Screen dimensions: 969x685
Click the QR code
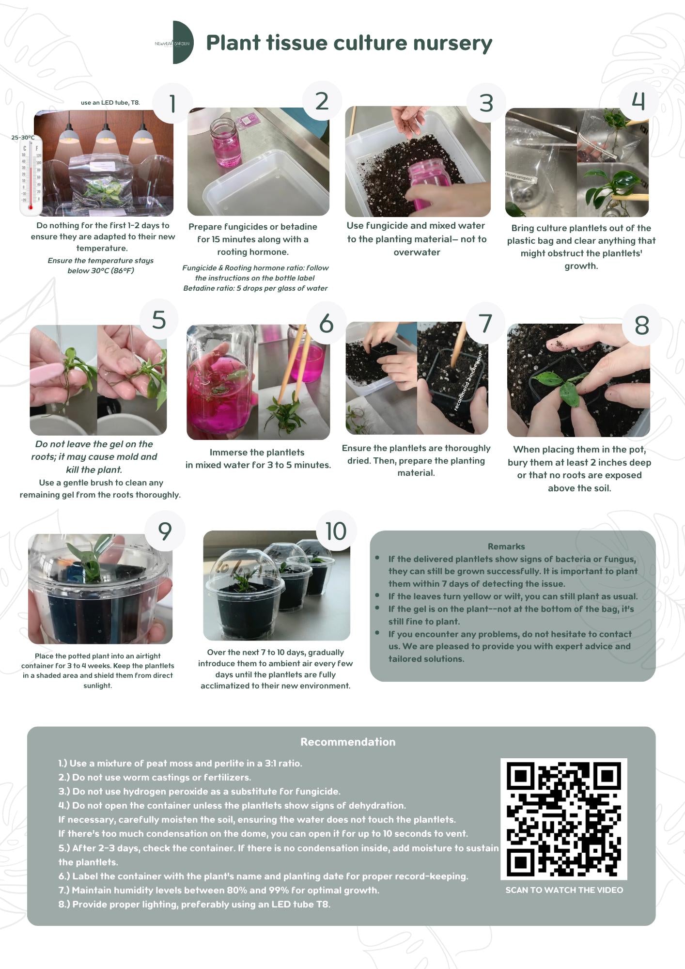click(563, 819)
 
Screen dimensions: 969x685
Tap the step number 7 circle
click(485, 323)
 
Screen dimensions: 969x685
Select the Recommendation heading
click(348, 742)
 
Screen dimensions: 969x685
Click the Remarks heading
click(506, 546)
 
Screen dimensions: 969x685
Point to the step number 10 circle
click(336, 531)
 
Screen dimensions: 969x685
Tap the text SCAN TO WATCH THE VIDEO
click(564, 890)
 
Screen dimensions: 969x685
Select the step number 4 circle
click(638, 101)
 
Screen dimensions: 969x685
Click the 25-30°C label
click(23, 138)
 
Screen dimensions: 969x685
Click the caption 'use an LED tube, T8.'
click(110, 103)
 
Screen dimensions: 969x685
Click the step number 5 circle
click(158, 320)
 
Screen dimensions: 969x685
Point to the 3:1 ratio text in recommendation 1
click(282, 763)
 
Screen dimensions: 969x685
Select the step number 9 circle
click(165, 531)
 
